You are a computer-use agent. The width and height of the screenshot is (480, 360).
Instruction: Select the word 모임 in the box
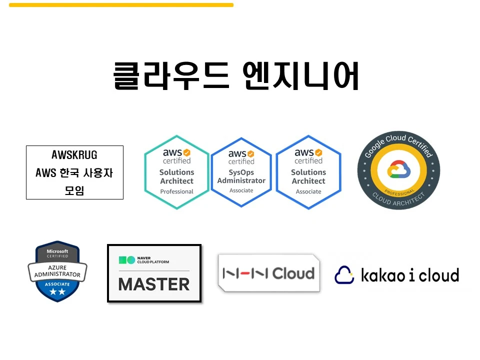tap(74, 190)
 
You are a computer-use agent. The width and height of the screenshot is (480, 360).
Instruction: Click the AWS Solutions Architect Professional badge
tap(176, 172)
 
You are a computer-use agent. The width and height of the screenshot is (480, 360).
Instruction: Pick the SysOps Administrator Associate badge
tap(241, 172)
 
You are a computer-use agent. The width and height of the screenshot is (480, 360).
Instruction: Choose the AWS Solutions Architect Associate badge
tap(308, 172)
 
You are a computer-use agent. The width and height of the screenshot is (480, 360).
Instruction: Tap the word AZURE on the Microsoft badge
tap(57, 267)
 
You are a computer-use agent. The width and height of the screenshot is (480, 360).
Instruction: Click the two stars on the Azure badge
tap(57, 292)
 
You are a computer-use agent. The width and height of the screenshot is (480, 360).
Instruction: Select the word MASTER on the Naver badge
tap(154, 284)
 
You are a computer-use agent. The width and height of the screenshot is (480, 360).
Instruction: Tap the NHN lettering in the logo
tap(245, 273)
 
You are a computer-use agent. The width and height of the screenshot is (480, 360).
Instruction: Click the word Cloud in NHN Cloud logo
tap(293, 273)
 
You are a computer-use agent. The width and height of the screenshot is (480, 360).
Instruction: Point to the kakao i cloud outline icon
tap(344, 274)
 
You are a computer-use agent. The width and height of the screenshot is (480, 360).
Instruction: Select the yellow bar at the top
tap(121, 5)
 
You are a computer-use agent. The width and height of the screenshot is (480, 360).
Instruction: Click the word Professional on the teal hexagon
tap(176, 191)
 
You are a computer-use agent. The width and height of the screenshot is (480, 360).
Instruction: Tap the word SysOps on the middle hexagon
tap(241, 172)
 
